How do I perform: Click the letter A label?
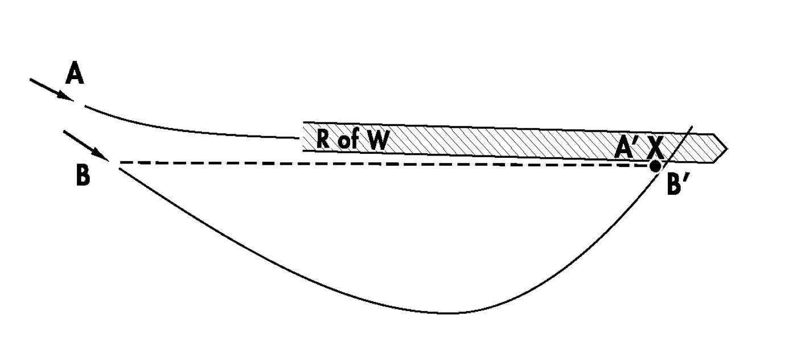75,74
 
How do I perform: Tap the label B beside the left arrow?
83,175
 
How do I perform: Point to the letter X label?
655,149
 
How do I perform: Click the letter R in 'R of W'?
324,140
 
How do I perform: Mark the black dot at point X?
655,166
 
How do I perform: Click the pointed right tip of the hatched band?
726,149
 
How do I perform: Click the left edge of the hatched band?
303,136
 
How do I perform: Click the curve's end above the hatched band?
692,127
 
